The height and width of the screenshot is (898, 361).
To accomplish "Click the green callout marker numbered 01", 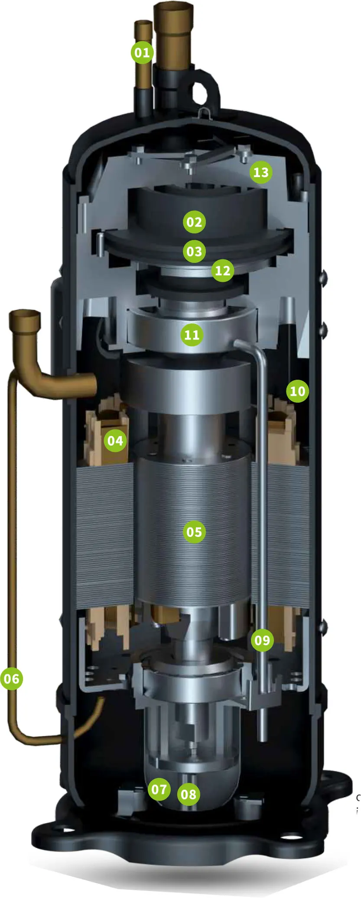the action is click(142, 52).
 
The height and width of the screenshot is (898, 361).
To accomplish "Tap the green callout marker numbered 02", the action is click(194, 222).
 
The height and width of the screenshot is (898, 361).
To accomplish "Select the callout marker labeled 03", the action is click(194, 251).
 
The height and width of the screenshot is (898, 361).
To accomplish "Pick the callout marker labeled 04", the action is click(115, 441).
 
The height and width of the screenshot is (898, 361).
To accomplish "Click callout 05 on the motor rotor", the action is click(194, 532).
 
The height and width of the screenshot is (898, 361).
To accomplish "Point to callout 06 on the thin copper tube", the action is click(12, 678).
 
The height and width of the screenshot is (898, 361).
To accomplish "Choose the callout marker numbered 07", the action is click(159, 789).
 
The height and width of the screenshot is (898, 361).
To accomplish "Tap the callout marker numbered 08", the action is click(189, 794).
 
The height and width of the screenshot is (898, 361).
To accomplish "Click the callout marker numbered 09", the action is click(262, 640).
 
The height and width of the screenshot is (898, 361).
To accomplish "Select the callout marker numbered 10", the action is click(297, 391).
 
